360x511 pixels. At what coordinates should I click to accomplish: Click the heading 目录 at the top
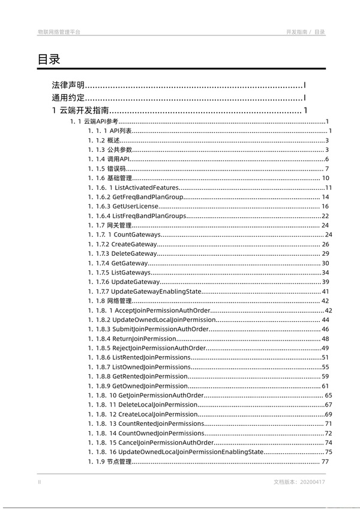[49, 59]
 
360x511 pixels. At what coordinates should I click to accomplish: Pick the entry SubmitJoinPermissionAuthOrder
[160, 329]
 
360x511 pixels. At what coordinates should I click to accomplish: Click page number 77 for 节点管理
[326, 462]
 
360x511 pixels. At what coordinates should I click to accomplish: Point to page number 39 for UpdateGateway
[326, 282]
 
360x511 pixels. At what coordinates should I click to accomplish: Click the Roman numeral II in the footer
[40, 482]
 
